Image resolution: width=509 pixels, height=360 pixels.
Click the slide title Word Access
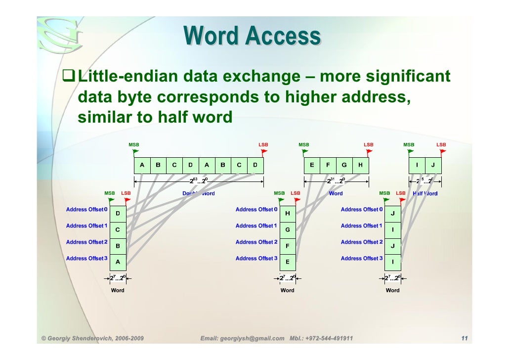tap(252, 37)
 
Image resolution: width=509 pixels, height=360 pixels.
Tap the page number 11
tap(464, 338)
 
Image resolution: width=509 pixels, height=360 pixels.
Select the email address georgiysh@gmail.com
tap(253, 338)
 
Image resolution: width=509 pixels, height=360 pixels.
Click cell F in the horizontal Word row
tap(328, 165)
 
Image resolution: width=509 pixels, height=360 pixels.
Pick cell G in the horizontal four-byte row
tap(344, 165)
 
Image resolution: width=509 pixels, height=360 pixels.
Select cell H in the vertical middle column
tap(287, 214)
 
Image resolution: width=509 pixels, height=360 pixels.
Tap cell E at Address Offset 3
tap(287, 262)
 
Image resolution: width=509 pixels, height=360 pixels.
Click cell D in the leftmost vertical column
tap(118, 214)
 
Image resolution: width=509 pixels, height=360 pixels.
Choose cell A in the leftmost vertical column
tap(118, 262)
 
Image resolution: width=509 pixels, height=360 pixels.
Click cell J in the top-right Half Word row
tap(433, 165)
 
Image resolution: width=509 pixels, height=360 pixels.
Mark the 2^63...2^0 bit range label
tap(199, 180)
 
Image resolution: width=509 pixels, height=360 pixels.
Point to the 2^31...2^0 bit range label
tap(336, 180)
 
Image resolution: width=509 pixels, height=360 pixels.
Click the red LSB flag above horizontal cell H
tap(369, 151)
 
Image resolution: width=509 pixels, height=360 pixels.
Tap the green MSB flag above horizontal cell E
tap(305, 151)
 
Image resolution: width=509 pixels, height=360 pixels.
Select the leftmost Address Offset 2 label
tap(86, 242)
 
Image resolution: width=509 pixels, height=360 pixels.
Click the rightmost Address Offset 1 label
tap(361, 225)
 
